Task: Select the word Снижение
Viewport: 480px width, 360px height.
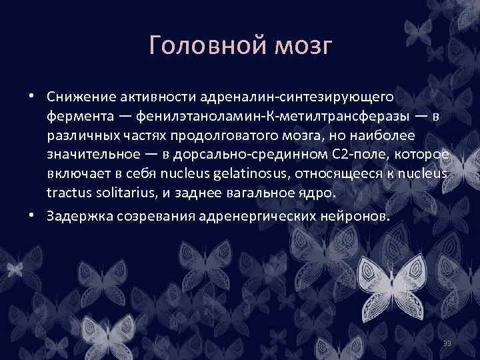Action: click(x=81, y=97)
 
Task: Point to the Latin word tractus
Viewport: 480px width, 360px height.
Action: click(x=67, y=194)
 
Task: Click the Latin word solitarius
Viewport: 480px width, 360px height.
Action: click(x=127, y=194)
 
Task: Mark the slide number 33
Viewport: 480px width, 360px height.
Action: click(x=447, y=343)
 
